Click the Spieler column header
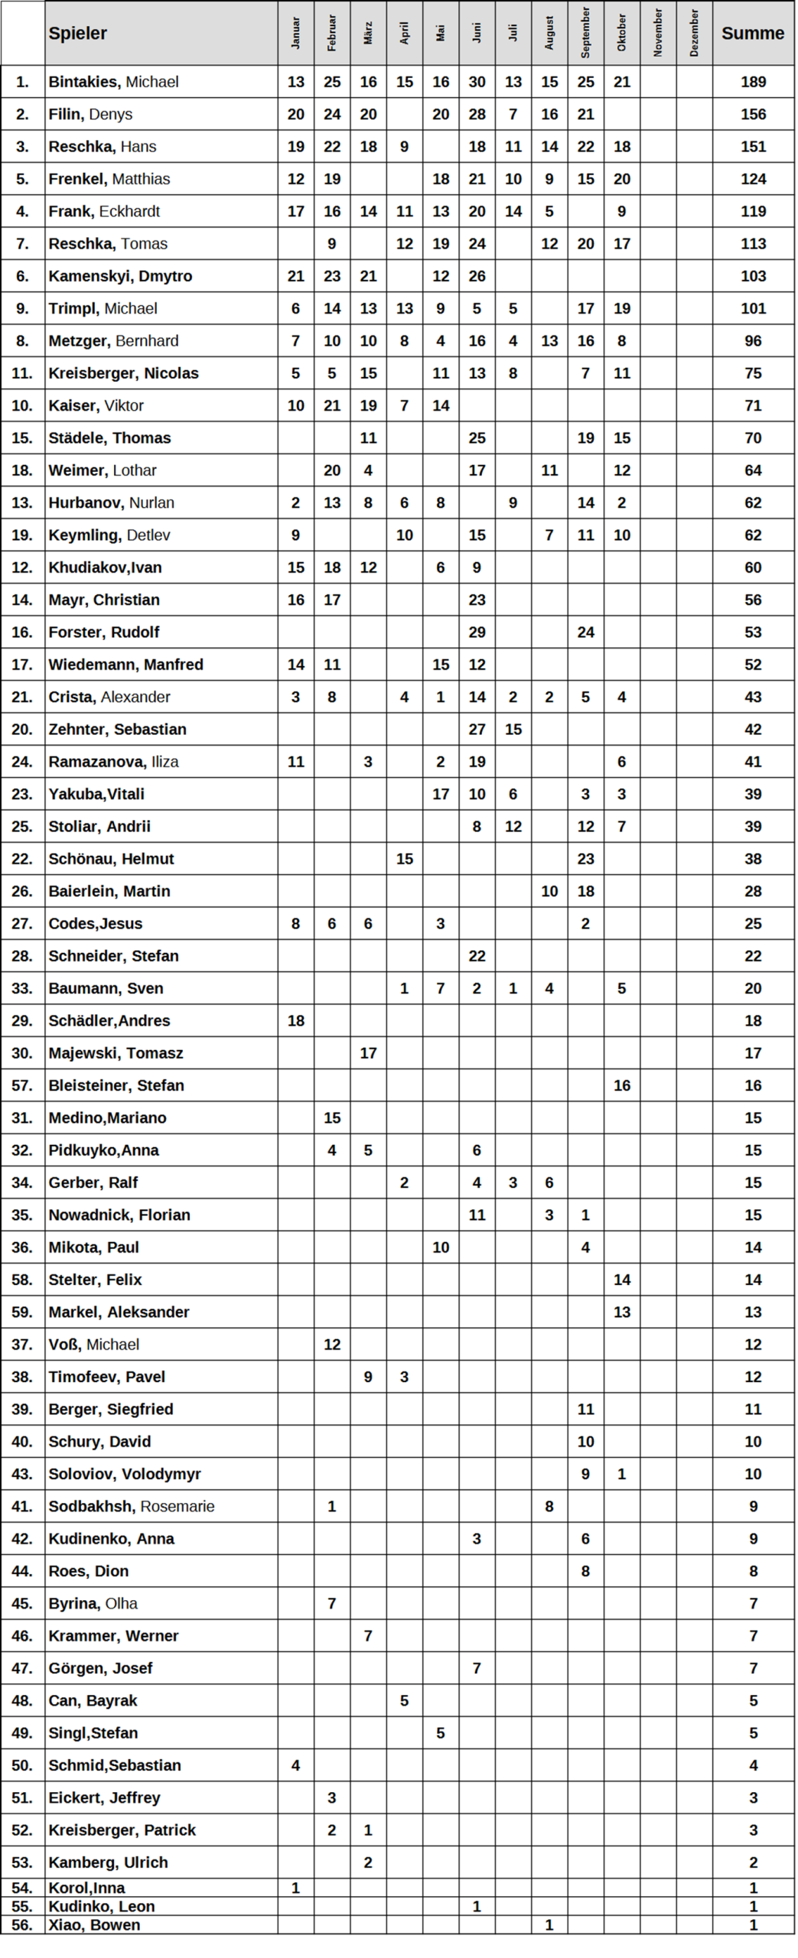pos(78,33)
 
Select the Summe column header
pos(752,33)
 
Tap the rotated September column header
pos(585,33)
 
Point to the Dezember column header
pos(694,33)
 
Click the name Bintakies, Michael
pos(113,82)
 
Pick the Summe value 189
pos(753,82)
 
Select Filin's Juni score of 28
pos(477,114)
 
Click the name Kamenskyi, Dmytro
pos(120,276)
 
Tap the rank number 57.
pos(22,1085)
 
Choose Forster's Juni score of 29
pos(477,632)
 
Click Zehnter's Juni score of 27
pos(477,729)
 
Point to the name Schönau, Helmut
pos(111,859)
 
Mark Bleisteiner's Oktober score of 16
pos(621,1085)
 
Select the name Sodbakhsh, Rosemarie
pos(131,1506)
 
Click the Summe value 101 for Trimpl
pos(753,308)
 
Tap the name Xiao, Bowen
pos(94,1924)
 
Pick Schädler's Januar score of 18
pos(296,1020)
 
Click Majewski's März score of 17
pos(368,1053)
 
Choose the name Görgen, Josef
pos(100,1668)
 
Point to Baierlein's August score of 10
pos(549,891)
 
